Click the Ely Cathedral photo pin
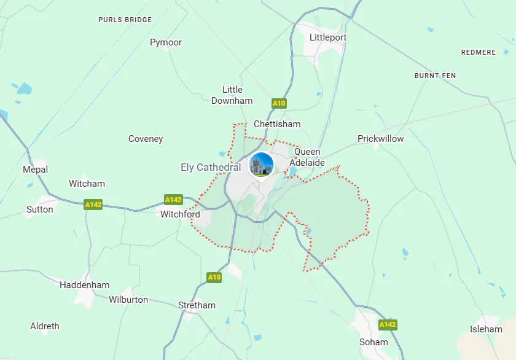coord(262,165)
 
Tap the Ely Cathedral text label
coord(211,167)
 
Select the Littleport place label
coord(328,37)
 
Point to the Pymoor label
coord(166,42)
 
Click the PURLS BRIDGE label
coord(125,20)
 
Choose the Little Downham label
coord(232,95)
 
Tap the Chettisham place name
coord(277,124)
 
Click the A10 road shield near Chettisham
coord(279,103)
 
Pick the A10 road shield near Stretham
coord(214,277)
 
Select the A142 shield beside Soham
coord(388,324)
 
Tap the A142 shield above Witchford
coord(173,200)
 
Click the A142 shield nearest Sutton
coord(93,205)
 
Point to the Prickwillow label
coord(381,139)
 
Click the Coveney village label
coord(146,139)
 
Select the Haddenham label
coord(85,285)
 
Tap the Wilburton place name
coord(128,300)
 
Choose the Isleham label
coord(486,329)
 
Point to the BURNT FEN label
coord(435,76)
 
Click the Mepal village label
coord(35,170)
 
